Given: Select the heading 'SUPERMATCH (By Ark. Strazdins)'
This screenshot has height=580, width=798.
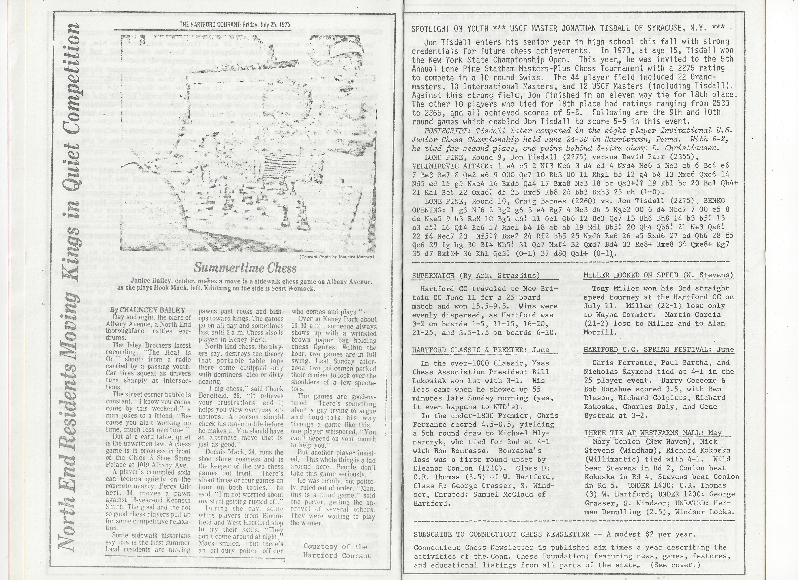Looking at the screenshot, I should coord(475,275).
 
